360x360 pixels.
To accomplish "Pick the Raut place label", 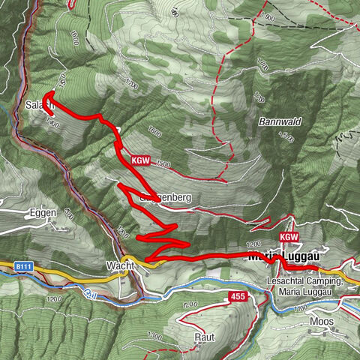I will coord(198,337).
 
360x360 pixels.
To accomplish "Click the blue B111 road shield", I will coord(22,265).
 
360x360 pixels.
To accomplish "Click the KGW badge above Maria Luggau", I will coord(289,237).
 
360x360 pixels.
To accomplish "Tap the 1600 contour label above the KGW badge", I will coord(155,133).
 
